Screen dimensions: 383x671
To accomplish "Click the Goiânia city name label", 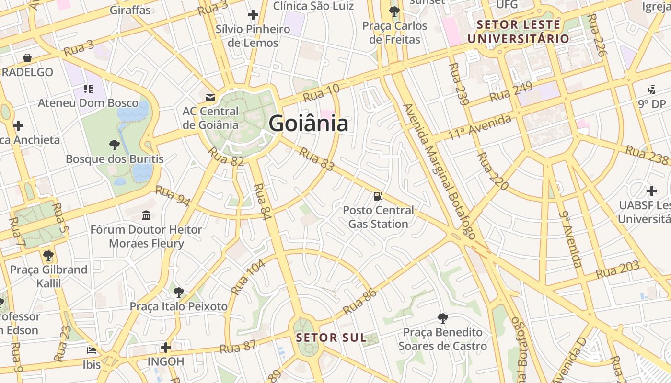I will point(308,124).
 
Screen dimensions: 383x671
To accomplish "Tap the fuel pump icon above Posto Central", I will point(378,196).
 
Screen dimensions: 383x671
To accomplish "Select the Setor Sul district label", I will point(331,338).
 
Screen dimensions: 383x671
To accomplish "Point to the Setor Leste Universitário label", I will point(519,32).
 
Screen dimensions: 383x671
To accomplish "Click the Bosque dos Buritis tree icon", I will point(114,144).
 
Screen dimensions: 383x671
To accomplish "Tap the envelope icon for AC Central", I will point(210,98).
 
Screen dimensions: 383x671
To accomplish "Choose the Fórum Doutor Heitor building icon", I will point(146,215).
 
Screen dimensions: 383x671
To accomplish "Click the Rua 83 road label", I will point(316,159).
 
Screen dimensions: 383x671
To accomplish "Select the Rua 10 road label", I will point(321,93).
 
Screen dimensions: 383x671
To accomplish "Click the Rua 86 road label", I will point(360,301).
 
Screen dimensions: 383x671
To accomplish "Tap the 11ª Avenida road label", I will point(480,127).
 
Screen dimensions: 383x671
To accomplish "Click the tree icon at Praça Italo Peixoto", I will point(178,292).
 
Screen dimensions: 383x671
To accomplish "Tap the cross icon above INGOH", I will point(166,347).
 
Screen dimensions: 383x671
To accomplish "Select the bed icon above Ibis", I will point(92,350).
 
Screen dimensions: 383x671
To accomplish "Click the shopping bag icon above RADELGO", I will point(28,58).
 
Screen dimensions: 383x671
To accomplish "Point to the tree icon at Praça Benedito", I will point(443,318).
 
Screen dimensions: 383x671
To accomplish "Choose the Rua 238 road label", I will point(647,155).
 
